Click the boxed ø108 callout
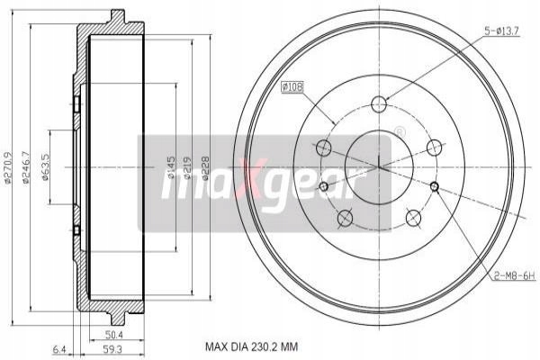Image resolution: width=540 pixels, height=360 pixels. click(294, 88)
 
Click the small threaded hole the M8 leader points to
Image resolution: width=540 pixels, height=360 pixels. click(435, 186)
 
